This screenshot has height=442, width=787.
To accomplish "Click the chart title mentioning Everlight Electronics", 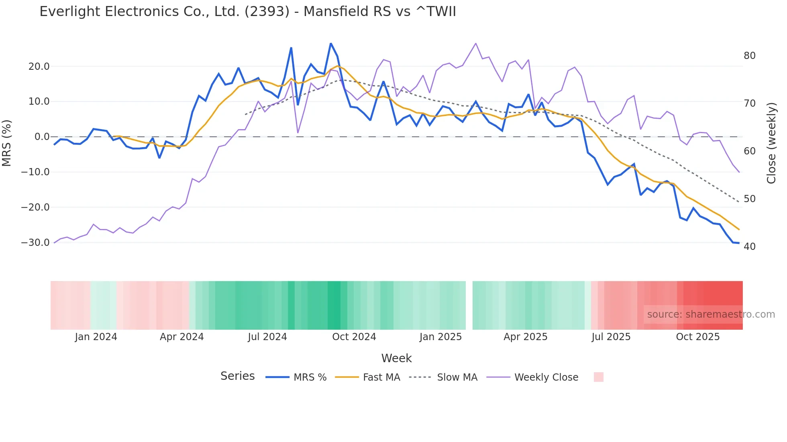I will point(247,12).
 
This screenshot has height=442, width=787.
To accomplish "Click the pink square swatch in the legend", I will point(598,377).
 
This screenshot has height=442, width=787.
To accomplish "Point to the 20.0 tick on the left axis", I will point(39,67).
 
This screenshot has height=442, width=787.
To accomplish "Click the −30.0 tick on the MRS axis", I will point(35,243).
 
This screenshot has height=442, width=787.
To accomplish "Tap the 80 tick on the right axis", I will point(749,56).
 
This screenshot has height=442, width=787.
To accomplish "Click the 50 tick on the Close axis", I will point(749,199).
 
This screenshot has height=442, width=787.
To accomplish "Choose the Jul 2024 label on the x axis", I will point(267,337).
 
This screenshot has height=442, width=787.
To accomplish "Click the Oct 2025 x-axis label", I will point(697,337).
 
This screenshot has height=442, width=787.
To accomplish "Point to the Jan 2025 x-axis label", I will point(440,337).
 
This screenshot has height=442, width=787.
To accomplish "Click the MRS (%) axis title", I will point(7,143).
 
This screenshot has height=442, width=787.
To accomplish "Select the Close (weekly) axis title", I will point(771,143).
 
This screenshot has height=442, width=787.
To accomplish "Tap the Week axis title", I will point(396,358).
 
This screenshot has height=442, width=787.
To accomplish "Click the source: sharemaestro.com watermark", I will point(711,314).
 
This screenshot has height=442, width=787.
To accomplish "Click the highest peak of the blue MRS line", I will point(330,43).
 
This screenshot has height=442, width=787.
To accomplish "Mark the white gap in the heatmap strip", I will point(469,305).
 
